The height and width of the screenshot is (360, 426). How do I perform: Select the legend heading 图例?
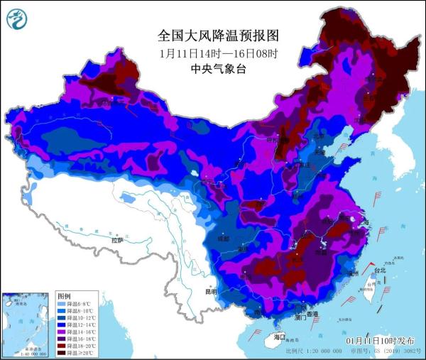pos(65,295)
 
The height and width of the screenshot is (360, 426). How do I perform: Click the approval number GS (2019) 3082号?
pos(395,351)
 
